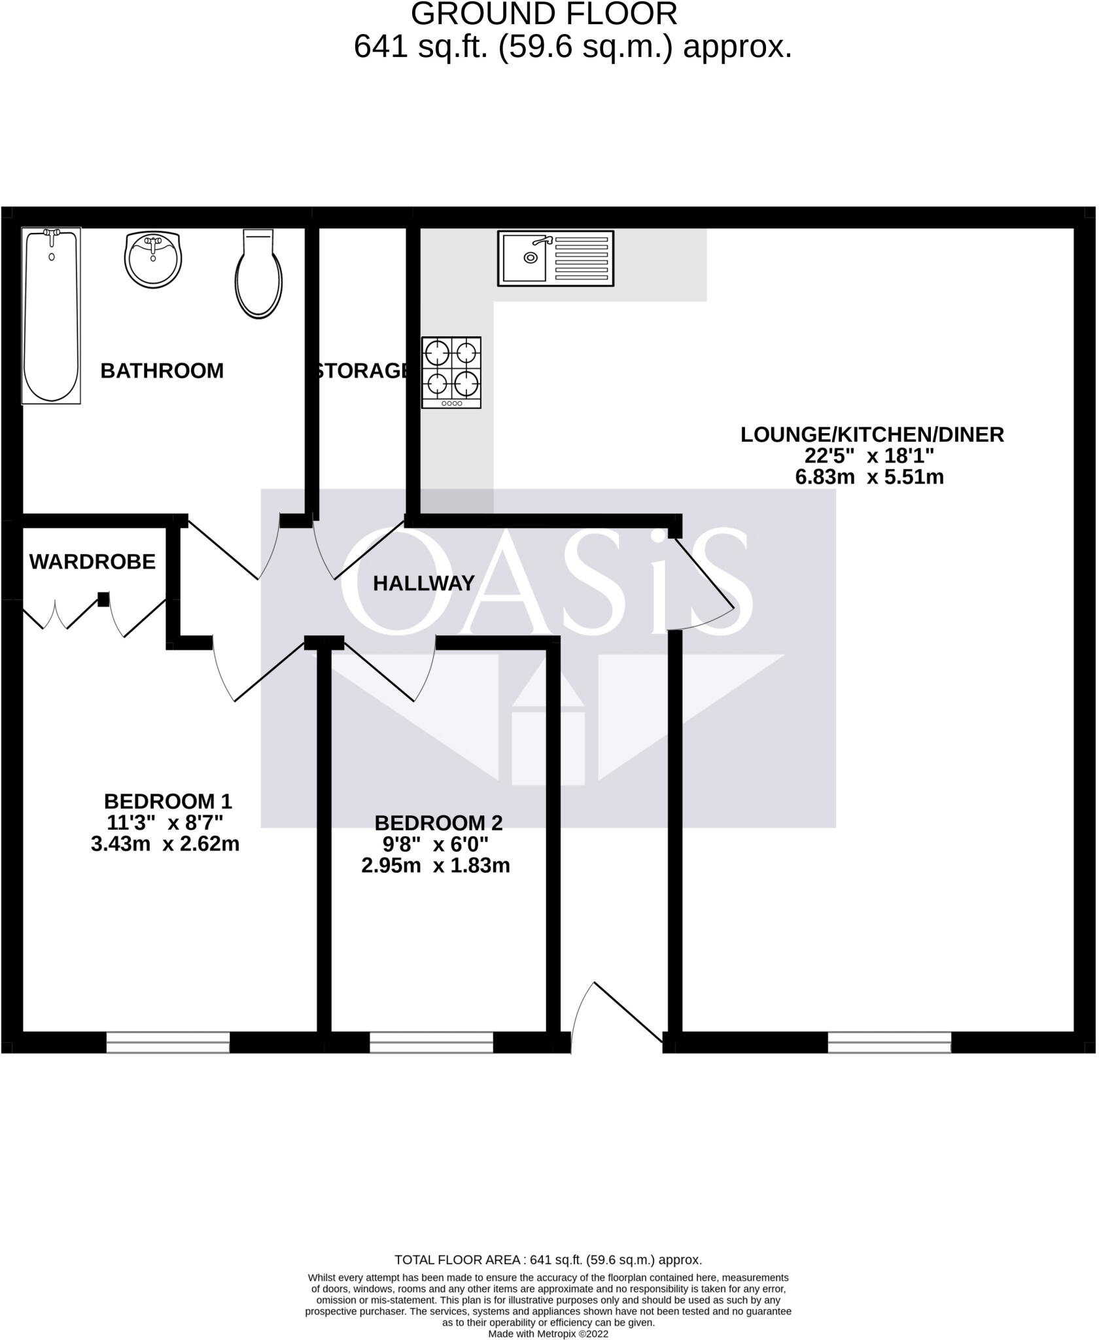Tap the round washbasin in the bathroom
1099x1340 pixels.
[x=152, y=259]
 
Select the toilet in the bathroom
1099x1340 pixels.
[x=258, y=275]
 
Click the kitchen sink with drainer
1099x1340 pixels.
[x=555, y=258]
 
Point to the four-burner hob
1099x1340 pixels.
[x=451, y=373]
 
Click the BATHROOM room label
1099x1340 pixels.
[x=162, y=371]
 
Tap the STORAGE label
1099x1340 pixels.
[x=362, y=371]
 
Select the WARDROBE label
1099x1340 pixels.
[x=92, y=561]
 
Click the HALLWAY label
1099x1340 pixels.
[x=423, y=583]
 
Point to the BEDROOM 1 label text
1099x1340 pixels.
[x=167, y=801]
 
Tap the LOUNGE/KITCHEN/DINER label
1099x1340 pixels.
[x=872, y=434]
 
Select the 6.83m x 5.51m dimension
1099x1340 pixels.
[x=869, y=477]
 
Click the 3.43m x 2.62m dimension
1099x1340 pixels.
[x=165, y=844]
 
